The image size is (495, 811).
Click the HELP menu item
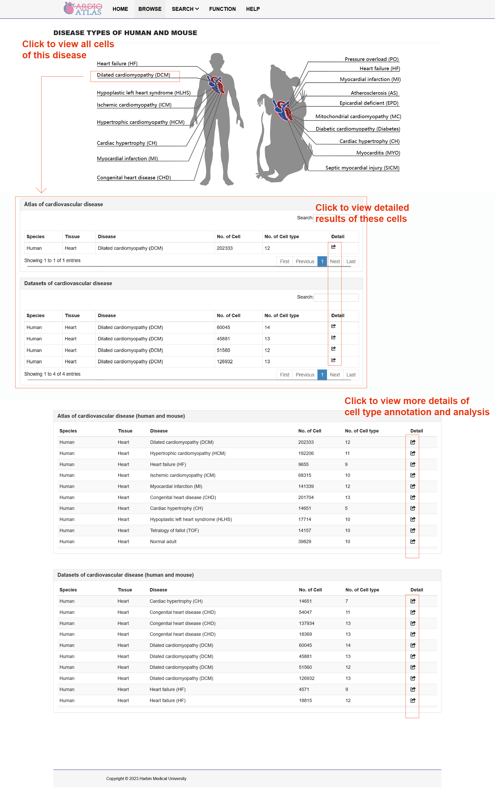[x=253, y=9]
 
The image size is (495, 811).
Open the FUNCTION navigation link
[x=222, y=9]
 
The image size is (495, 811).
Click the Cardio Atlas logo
[x=83, y=9]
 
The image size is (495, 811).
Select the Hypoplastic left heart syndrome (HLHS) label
[x=144, y=93]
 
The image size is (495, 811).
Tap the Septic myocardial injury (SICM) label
[x=362, y=168]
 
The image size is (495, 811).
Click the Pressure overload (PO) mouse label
[x=371, y=59]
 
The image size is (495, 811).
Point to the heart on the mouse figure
[x=283, y=110]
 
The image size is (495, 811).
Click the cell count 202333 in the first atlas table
[x=224, y=248]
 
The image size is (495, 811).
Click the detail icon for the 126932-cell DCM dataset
[x=333, y=360]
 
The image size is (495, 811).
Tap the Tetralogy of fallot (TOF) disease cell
[x=174, y=530]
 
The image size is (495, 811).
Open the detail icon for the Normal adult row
[x=413, y=541]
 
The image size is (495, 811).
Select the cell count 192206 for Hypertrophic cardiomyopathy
[x=306, y=453]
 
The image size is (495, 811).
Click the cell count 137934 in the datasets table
[x=306, y=623]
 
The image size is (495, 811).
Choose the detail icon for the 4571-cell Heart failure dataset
[x=413, y=689]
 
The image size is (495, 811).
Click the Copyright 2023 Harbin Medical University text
[x=146, y=778]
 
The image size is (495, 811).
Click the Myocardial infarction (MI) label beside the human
[x=127, y=159]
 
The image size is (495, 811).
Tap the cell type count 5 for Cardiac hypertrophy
[x=346, y=508]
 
